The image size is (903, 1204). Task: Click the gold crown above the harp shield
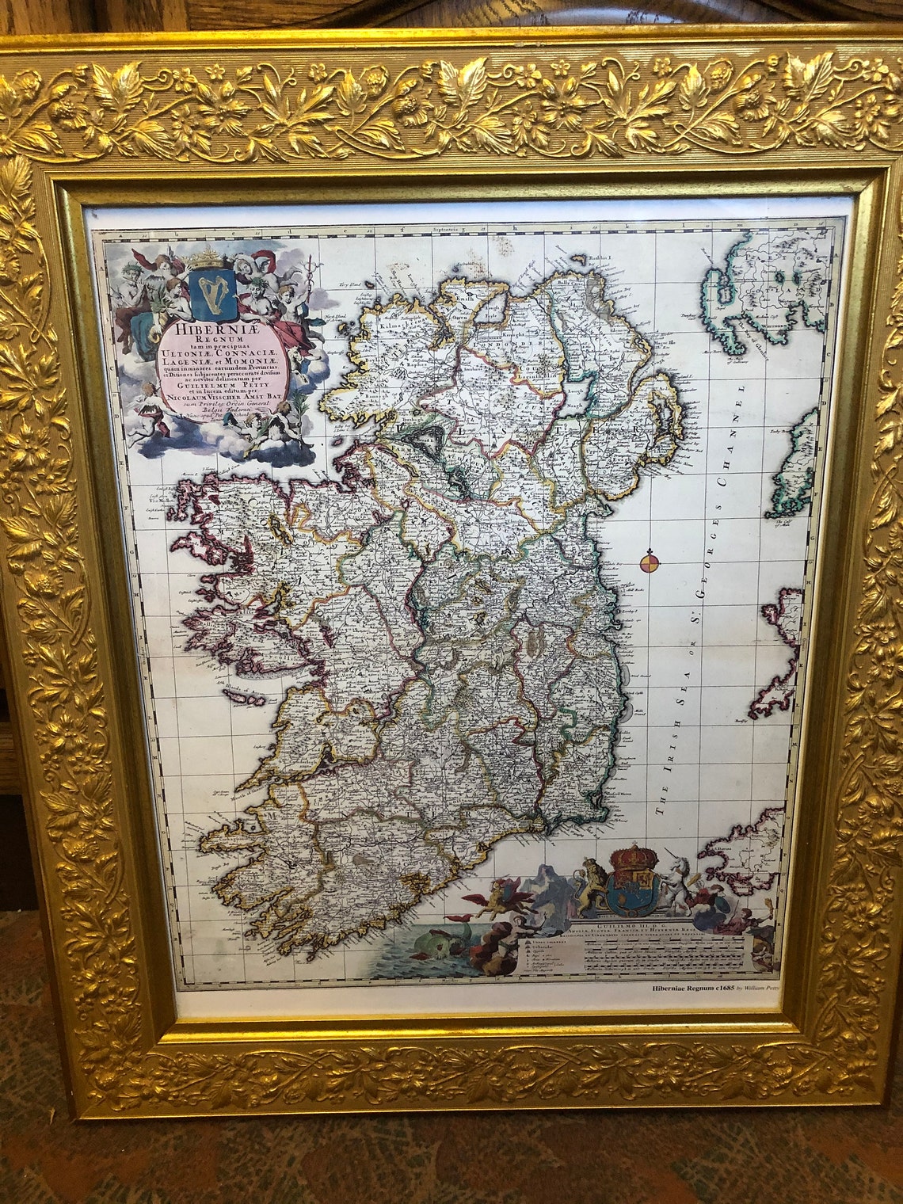(209, 257)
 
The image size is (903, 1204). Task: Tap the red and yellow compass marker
(649, 562)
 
